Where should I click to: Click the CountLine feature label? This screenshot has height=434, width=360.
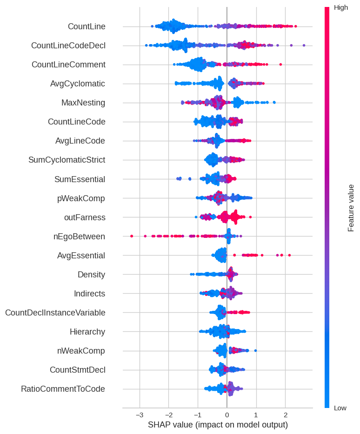click(x=87, y=26)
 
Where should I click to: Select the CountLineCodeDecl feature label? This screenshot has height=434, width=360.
click(x=68, y=46)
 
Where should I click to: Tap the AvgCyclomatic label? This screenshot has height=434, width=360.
click(x=78, y=84)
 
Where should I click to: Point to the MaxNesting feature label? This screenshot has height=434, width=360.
click(x=83, y=103)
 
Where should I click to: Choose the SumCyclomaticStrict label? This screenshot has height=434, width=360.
click(x=67, y=160)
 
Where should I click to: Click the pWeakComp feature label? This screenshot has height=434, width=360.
click(x=81, y=198)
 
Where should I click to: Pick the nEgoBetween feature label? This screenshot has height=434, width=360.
click(x=79, y=237)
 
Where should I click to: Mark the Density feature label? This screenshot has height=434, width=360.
click(x=91, y=275)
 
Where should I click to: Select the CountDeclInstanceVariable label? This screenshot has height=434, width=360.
click(x=55, y=313)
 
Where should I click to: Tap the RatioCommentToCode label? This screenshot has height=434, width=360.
click(x=63, y=389)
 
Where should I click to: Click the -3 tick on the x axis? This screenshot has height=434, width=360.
click(x=140, y=414)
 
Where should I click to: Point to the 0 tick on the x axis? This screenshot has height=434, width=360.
click(x=227, y=414)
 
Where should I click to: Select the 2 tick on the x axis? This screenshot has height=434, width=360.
click(x=285, y=414)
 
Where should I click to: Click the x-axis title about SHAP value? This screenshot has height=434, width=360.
click(x=218, y=425)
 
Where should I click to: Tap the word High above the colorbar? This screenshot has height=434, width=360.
click(x=341, y=7)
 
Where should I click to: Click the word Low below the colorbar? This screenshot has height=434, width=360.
click(x=340, y=408)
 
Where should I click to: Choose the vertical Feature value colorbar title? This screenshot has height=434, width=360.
click(x=351, y=208)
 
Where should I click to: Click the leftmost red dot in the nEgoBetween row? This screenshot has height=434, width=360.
click(x=132, y=236)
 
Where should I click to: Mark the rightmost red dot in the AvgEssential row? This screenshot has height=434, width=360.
click(x=289, y=255)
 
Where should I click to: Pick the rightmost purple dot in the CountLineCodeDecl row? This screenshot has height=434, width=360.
click(x=304, y=45)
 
